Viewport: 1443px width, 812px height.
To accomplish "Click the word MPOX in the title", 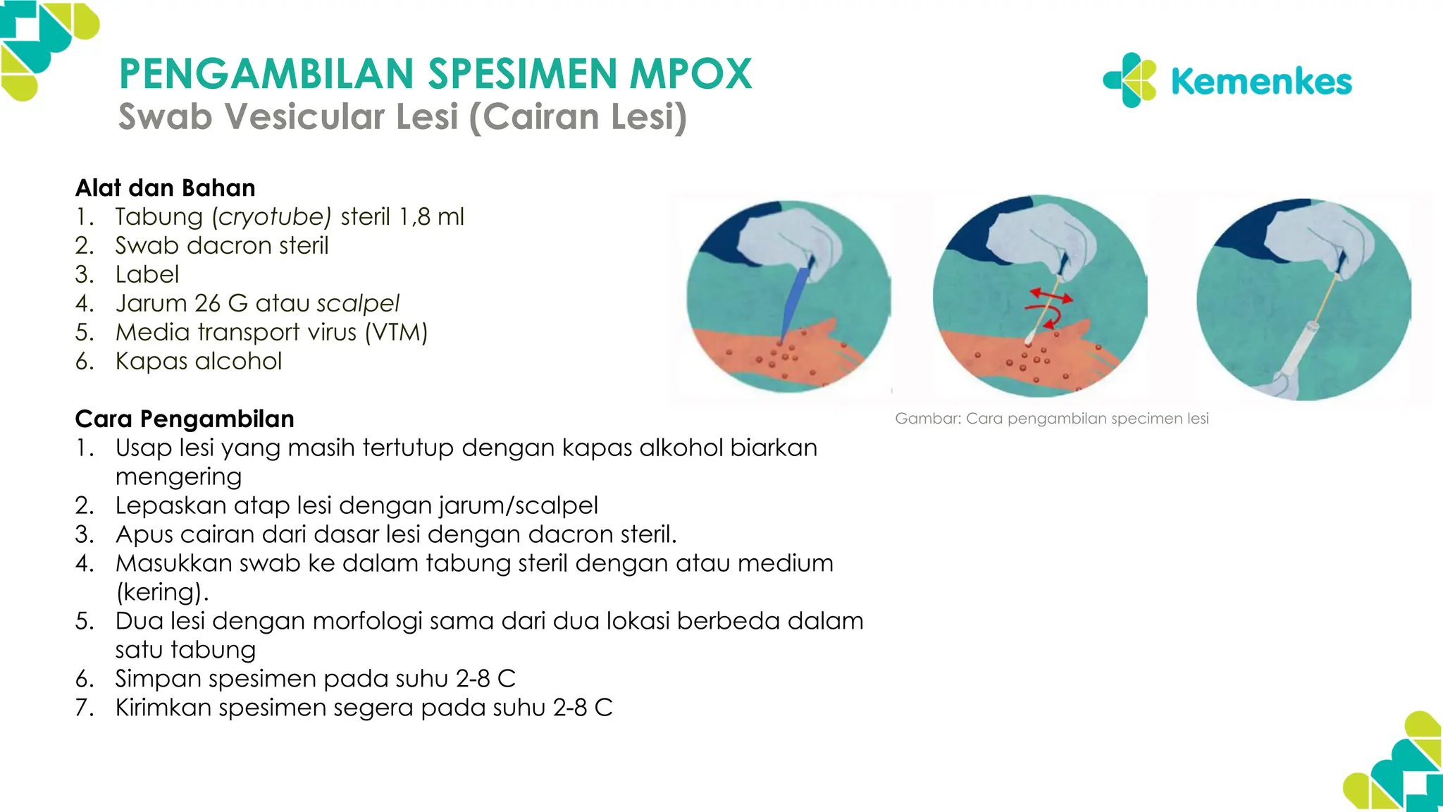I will tap(690, 74).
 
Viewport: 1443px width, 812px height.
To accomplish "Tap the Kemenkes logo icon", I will tap(1129, 80).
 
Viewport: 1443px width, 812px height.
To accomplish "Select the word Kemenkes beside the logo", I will tap(1261, 82).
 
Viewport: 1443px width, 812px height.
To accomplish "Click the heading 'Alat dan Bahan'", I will tap(166, 188).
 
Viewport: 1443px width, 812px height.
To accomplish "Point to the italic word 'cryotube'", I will tap(272, 217).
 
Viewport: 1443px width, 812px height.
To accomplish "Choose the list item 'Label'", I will tap(147, 274).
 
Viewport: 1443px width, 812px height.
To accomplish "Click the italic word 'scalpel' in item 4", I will tap(358, 303).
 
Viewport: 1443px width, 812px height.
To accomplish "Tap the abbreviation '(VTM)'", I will tap(396, 332).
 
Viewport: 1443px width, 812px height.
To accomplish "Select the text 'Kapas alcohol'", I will tap(199, 361).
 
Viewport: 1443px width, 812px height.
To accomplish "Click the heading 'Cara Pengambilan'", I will tap(185, 419).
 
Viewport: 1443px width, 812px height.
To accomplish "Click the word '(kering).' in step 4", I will tap(163, 592).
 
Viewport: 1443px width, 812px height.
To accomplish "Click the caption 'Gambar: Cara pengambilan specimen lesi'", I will tap(1051, 419).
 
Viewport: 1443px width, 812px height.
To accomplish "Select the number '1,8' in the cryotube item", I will tap(414, 217).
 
